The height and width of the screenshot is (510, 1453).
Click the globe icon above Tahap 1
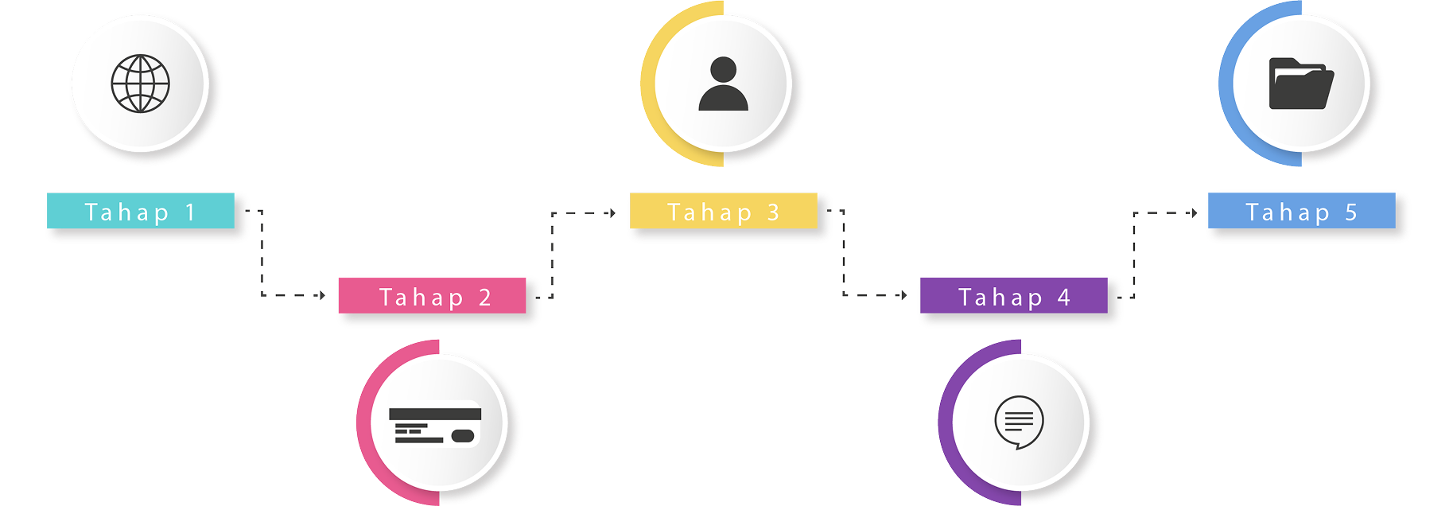[x=141, y=84]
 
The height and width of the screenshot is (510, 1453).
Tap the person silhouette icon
[x=723, y=84]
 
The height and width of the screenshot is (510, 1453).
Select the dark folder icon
[x=1301, y=84]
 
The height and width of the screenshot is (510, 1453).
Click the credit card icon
[x=434, y=425]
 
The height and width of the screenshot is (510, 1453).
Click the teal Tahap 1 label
[x=141, y=212]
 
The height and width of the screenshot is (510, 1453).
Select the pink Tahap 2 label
[x=434, y=298]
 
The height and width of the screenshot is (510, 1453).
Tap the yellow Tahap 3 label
[x=723, y=212]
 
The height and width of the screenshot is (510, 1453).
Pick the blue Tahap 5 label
[x=1301, y=212]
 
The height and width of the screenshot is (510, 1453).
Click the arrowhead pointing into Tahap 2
[x=321, y=295]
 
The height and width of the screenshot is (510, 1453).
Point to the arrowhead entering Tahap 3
[x=611, y=212]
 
